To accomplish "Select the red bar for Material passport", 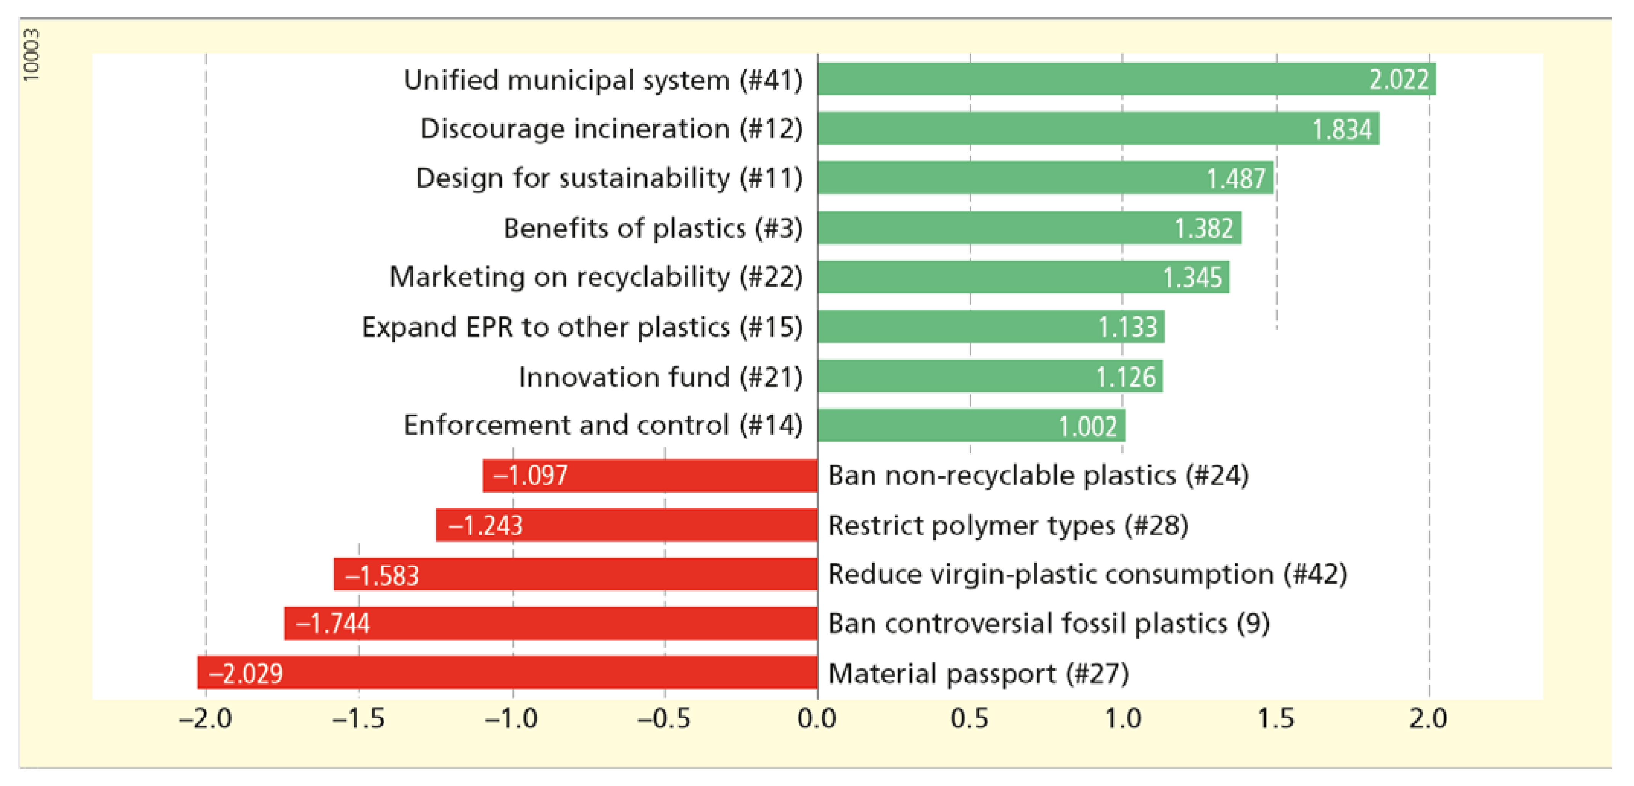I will pyautogui.click(x=507, y=672).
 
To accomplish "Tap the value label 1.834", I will pyautogui.click(x=1341, y=129).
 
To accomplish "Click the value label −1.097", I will pyautogui.click(x=530, y=475).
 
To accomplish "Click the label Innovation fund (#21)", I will pyautogui.click(x=660, y=378).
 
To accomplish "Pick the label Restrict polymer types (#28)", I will pyautogui.click(x=1008, y=525).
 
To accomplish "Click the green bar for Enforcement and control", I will pyautogui.click(x=970, y=426).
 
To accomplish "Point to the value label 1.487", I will pyautogui.click(x=1236, y=178).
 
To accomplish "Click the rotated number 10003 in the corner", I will pyautogui.click(x=31, y=55).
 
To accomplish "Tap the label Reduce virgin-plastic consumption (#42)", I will pyautogui.click(x=1087, y=574).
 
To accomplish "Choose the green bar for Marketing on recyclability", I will pyautogui.click(x=1023, y=277).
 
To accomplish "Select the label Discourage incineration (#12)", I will pyautogui.click(x=611, y=129).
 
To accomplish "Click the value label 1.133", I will pyautogui.click(x=1127, y=327).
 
